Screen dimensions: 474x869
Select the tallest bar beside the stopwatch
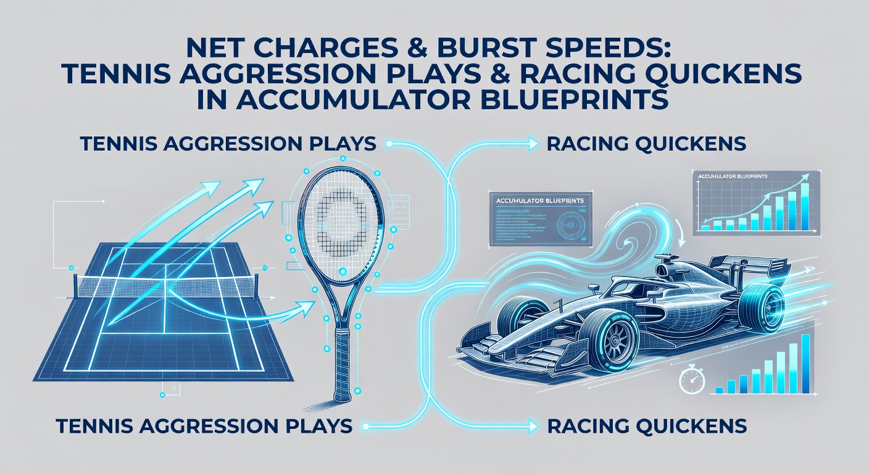pos(805,364)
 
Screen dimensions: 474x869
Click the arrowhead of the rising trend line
pos(805,178)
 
